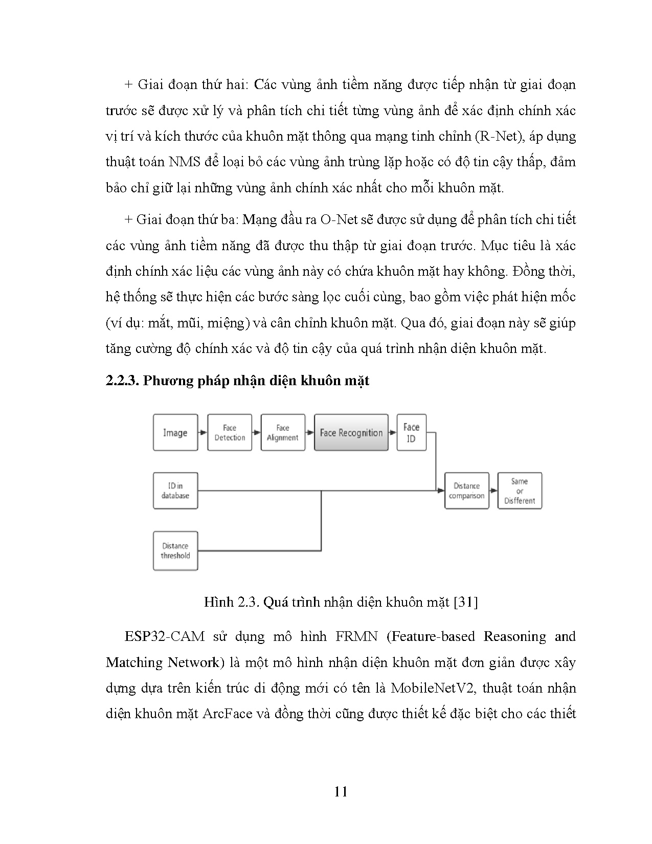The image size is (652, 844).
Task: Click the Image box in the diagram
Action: click(175, 433)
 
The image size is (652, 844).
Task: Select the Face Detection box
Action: click(230, 433)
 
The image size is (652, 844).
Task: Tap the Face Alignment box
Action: click(283, 433)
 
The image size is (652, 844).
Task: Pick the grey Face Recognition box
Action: click(351, 433)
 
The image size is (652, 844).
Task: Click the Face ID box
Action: click(411, 433)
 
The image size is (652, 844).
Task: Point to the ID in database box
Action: click(175, 491)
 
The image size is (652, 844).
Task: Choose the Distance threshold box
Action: click(175, 551)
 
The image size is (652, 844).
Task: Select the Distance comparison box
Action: click(466, 491)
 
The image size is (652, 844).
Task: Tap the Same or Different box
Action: click(520, 491)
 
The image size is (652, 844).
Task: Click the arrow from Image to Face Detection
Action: click(203, 433)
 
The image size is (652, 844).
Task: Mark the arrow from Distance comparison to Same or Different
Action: click(493, 491)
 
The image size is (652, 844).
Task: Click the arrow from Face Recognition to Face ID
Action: click(392, 433)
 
